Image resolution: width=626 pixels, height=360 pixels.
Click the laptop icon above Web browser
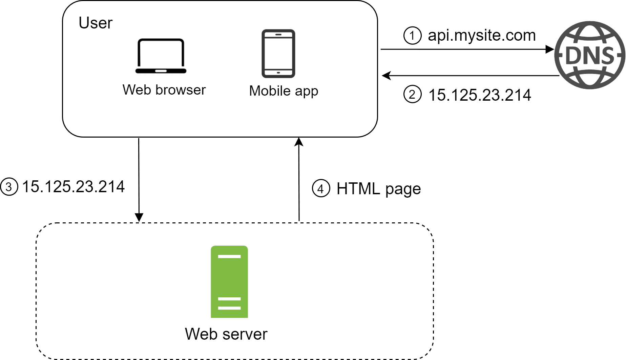(161, 56)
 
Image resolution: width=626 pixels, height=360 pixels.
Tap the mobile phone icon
(278, 54)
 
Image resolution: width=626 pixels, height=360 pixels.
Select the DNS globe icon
(589, 55)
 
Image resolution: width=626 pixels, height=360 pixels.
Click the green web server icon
(229, 282)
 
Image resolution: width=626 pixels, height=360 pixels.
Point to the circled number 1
(412, 36)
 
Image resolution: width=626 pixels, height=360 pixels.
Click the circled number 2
(412, 94)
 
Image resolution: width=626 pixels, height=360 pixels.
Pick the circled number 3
(9, 187)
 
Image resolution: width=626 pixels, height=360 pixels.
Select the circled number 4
(320, 188)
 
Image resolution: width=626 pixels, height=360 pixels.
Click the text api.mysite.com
(481, 35)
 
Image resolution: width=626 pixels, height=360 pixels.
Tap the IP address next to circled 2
(479, 95)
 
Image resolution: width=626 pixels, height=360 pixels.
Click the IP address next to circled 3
(73, 187)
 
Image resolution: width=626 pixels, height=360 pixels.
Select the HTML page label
(378, 189)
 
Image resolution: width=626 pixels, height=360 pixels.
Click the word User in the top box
(95, 23)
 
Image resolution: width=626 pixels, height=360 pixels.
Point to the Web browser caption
(164, 90)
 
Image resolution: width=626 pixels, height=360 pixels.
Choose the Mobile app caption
(284, 91)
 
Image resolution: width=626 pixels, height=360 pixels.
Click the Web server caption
(226, 334)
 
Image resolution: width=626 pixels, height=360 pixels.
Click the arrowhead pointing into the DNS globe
(549, 49)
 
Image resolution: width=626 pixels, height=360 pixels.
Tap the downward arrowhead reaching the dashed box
(139, 217)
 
